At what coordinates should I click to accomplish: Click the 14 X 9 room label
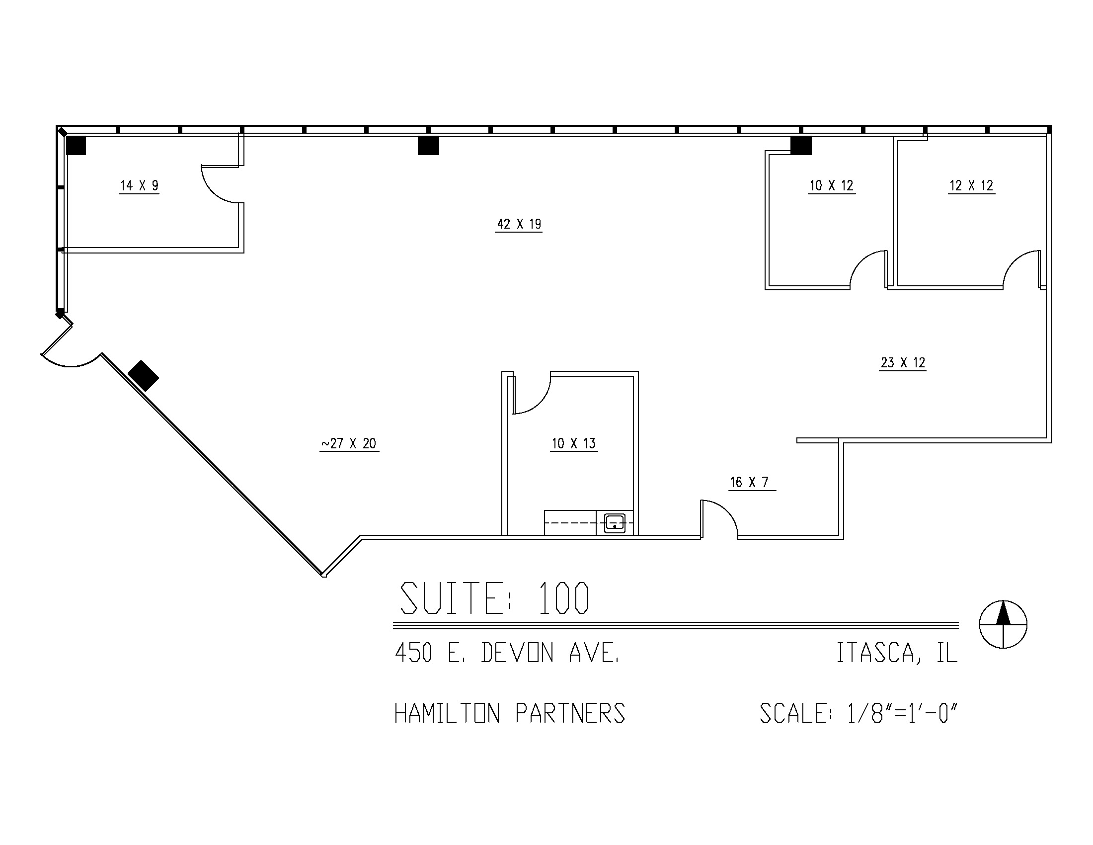point(139,186)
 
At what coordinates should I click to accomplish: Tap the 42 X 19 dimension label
point(519,224)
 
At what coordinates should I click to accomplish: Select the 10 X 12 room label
point(832,186)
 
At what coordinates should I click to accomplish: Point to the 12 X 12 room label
point(971,186)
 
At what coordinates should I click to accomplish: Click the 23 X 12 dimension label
point(903,363)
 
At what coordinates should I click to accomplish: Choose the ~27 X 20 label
point(349,443)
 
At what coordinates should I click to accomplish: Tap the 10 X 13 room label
point(574,443)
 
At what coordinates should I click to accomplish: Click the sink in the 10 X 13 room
point(615,523)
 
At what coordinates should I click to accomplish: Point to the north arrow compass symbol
point(1003,624)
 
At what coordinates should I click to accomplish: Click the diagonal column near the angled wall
point(144,376)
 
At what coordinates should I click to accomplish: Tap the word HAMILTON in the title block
point(448,713)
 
